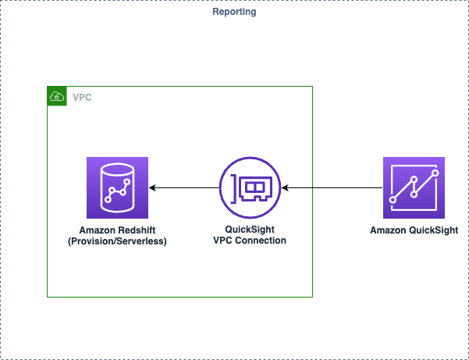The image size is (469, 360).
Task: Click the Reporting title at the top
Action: (x=234, y=12)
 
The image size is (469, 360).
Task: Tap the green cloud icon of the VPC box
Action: (x=56, y=96)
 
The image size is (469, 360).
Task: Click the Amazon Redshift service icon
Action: (x=118, y=187)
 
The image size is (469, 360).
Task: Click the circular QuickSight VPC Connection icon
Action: (x=250, y=187)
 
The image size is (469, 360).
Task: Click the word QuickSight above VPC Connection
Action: (x=250, y=230)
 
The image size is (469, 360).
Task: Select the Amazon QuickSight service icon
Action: (x=414, y=187)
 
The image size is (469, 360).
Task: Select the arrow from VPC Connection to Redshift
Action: (x=184, y=187)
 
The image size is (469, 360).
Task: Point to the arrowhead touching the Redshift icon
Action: (x=153, y=187)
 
